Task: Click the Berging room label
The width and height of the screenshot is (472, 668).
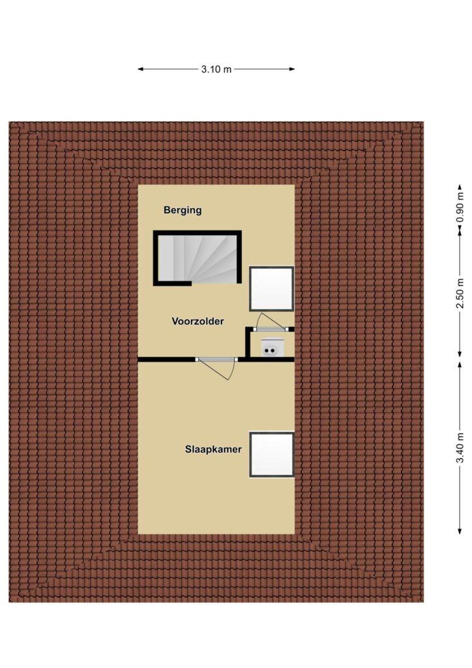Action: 183,210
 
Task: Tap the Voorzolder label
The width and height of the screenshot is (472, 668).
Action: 198,321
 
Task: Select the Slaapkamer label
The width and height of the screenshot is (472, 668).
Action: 213,449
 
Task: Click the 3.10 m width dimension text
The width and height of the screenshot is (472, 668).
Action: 216,69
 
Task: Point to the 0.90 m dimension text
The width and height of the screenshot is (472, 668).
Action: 460,207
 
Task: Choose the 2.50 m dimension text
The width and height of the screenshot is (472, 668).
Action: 460,294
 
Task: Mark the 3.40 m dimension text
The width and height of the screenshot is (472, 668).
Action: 460,448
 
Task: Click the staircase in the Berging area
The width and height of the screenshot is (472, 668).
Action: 198,258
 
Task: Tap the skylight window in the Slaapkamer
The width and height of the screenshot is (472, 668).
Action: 272,455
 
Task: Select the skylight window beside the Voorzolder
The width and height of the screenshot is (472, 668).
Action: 272,289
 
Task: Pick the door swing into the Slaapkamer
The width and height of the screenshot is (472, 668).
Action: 218,369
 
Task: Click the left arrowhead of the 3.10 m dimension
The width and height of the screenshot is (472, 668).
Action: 140,69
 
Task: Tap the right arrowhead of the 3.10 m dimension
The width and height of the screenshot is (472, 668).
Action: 293,69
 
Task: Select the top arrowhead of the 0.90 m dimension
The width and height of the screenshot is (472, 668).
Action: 460,187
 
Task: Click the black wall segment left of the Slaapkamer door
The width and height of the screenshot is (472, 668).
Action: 167,359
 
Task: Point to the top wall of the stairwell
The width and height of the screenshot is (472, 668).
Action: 198,232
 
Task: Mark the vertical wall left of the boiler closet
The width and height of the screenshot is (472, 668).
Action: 247,342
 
